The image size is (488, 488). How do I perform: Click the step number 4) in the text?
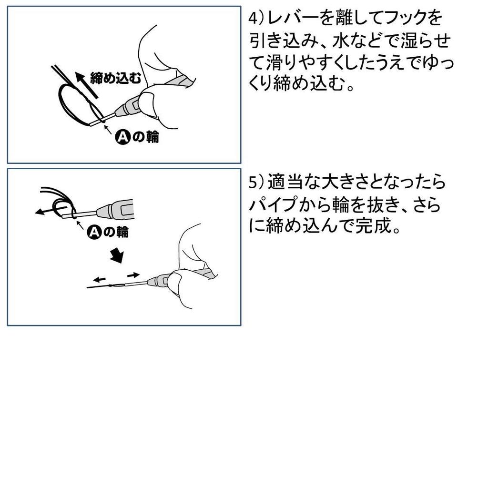click(x=256, y=19)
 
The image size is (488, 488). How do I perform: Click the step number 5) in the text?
click(x=256, y=183)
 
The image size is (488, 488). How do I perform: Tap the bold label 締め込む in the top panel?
click(x=114, y=79)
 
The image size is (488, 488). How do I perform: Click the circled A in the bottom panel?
click(x=94, y=232)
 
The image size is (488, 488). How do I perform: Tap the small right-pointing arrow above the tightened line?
click(x=133, y=275)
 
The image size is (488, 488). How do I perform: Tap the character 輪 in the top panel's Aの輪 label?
click(x=152, y=138)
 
